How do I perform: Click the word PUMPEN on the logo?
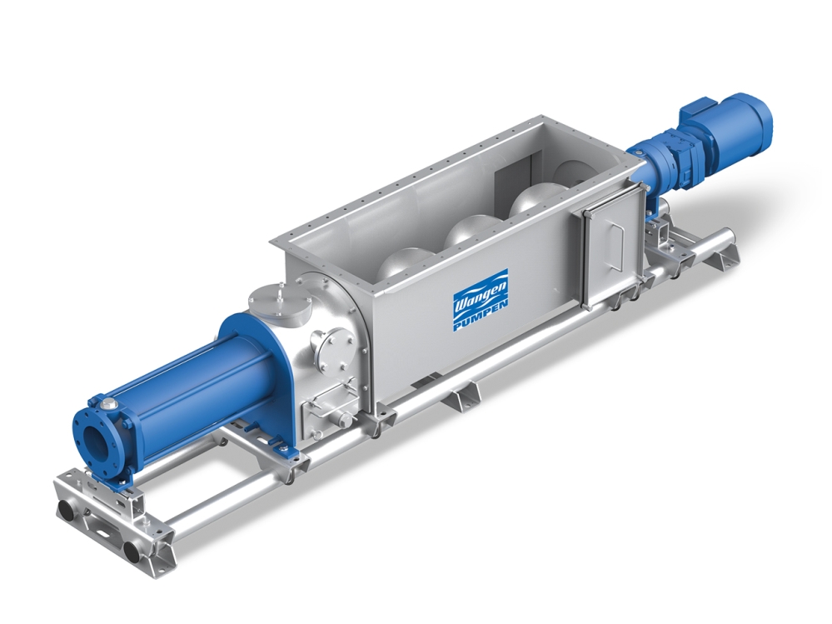pos(481,317)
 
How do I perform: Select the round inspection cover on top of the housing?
pos(280,302)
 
